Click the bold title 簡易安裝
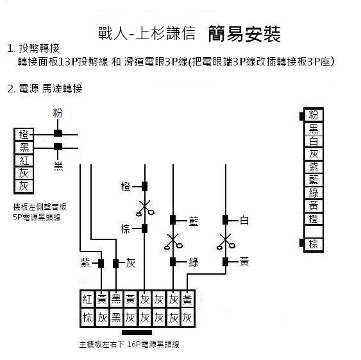pyautogui.click(x=244, y=34)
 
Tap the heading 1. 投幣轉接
pyautogui.click(x=33, y=48)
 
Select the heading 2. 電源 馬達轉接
pyautogui.click(x=45, y=89)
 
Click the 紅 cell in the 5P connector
pyautogui.click(x=24, y=160)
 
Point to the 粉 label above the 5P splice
pyautogui.click(x=57, y=113)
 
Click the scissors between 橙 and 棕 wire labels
pyautogui.click(x=145, y=208)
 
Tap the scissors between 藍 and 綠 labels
pyautogui.click(x=173, y=242)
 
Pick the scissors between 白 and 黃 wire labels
pyautogui.click(x=226, y=242)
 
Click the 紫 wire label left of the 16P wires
pyautogui.click(x=85, y=262)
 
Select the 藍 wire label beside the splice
pyautogui.click(x=194, y=221)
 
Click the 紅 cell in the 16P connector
pyautogui.click(x=87, y=300)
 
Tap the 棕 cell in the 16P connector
pyautogui.click(x=87, y=318)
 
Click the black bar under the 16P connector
pyautogui.click(x=137, y=332)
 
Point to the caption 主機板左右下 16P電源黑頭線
pyautogui.click(x=129, y=345)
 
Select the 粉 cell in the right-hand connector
pyautogui.click(x=314, y=115)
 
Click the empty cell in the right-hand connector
pyautogui.click(x=314, y=231)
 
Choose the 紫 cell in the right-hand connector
pyautogui.click(x=314, y=167)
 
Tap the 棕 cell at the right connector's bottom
pyautogui.click(x=314, y=244)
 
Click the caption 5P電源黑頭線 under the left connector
pyautogui.click(x=37, y=217)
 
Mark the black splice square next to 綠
pyautogui.click(x=173, y=262)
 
